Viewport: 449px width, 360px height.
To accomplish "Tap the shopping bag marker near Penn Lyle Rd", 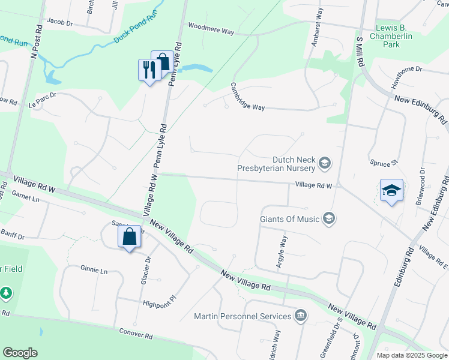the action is [x=162, y=62].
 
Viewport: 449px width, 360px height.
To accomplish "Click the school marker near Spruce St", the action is [x=391, y=190].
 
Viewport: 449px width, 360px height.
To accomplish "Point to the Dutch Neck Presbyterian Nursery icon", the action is [x=325, y=163].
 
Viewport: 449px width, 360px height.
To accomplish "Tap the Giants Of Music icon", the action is [x=328, y=218].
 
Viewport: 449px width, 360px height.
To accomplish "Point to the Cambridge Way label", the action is [x=246, y=96].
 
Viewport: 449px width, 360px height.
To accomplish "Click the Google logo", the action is [x=20, y=352].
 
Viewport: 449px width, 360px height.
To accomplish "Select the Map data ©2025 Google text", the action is [x=411, y=355].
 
